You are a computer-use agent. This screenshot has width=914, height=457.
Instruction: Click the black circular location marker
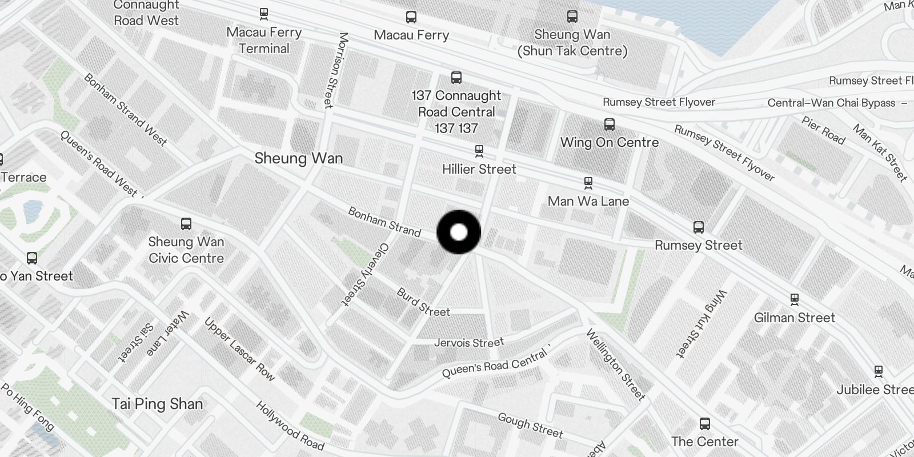[x=459, y=232]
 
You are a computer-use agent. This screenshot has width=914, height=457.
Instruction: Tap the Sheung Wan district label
[x=299, y=158]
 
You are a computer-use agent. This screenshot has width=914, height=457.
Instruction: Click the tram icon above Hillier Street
[x=479, y=151]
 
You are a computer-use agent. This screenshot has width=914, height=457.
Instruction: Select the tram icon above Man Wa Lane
[x=588, y=183]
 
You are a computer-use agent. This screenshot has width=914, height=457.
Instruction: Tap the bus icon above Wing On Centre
[x=610, y=124]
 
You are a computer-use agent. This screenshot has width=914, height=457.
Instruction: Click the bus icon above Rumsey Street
[x=698, y=227]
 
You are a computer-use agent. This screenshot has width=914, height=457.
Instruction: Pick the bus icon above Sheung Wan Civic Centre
[x=186, y=223]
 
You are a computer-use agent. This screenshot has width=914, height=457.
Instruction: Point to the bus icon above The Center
[x=705, y=423]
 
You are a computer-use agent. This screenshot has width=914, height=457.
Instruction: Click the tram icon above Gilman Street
[x=794, y=299]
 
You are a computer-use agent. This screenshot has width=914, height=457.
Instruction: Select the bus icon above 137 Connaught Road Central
[x=456, y=77]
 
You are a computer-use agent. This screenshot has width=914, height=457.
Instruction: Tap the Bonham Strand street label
[x=384, y=222]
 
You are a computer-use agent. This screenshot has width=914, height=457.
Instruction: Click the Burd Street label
[x=423, y=303]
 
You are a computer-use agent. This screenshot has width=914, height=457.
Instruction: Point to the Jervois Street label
[x=469, y=343]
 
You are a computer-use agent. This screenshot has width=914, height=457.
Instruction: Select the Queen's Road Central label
[x=495, y=364]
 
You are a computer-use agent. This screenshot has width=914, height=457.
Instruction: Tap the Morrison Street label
[x=336, y=70]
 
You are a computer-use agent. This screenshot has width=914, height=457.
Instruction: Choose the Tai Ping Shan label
[x=157, y=404]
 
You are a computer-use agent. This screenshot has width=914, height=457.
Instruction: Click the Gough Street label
[x=530, y=425]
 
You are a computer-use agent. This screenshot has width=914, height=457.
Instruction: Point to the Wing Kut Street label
[x=701, y=324]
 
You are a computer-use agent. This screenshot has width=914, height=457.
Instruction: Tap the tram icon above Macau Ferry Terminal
[x=263, y=13]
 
